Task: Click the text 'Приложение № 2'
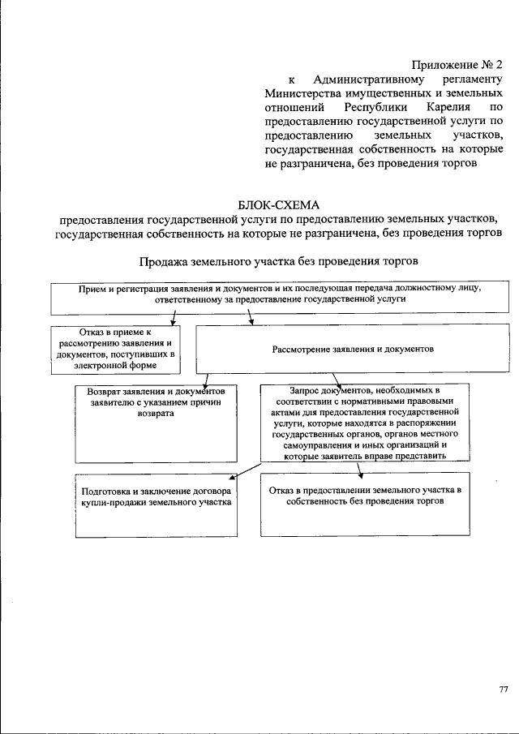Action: (456, 63)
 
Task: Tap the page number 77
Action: (503, 689)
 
